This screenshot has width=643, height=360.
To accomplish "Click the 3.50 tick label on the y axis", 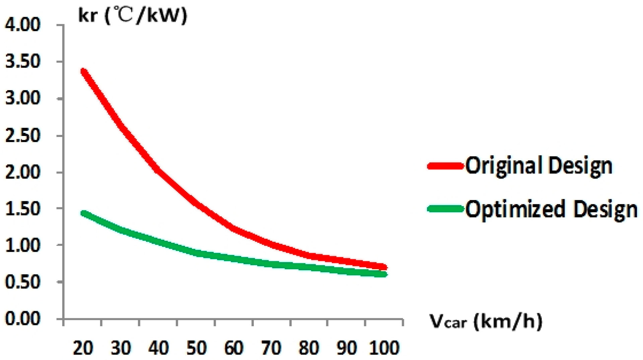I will [23, 62].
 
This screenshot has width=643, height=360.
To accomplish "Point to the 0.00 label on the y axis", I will [23, 318].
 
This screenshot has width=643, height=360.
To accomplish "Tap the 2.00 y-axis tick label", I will [23, 172].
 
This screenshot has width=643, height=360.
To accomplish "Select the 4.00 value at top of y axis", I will [23, 25].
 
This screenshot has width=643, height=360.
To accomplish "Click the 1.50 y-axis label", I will [23, 209].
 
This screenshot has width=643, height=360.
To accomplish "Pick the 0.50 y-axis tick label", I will [23, 282].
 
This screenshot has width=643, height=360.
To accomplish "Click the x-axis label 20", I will [83, 348].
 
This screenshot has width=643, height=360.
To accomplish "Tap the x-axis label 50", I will [196, 348].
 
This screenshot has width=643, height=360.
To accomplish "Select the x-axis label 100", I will [384, 348].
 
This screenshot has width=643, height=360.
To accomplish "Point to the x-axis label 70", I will [271, 348].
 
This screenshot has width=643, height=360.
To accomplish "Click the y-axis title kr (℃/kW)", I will [133, 15].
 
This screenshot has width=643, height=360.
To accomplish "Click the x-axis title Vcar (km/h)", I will [486, 321].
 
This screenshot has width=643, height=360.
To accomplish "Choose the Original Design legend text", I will [539, 166].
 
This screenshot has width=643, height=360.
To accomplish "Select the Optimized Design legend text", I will [551, 209].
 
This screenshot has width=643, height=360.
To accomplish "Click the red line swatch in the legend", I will [446, 166].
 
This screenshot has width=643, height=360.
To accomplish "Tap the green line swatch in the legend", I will [446, 209].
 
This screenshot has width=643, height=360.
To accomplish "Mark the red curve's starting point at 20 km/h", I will [84, 71].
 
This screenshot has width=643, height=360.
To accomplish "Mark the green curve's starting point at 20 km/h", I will [84, 213].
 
